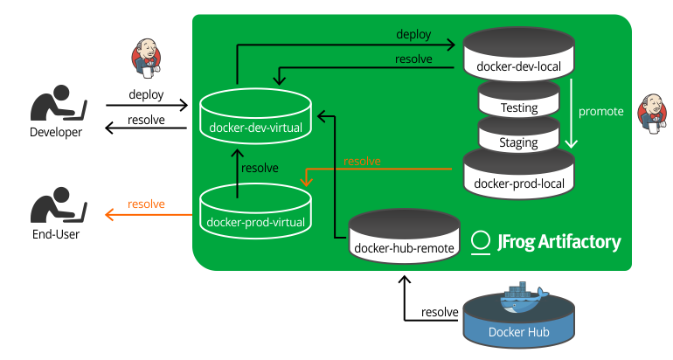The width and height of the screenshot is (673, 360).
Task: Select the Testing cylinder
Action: (x=518, y=100)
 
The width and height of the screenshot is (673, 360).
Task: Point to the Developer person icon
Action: (x=57, y=105)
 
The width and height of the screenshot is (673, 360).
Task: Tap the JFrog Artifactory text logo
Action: (x=546, y=242)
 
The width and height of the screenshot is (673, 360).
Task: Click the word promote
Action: (x=601, y=112)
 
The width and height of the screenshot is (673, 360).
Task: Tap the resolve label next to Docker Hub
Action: (x=440, y=312)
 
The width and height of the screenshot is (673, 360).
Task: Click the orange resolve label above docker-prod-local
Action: (x=362, y=162)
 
